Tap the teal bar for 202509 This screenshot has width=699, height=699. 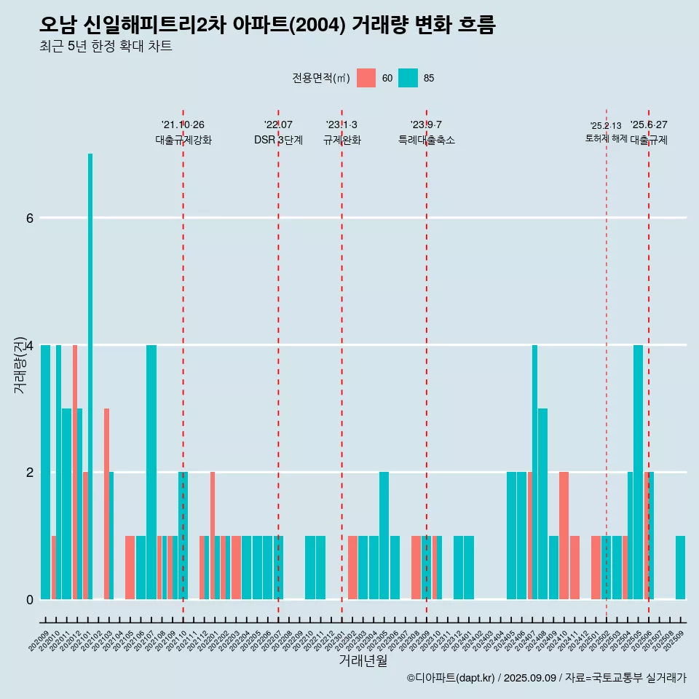click(x=680, y=568)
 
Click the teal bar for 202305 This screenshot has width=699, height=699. click(x=384, y=535)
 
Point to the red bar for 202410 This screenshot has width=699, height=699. click(x=564, y=535)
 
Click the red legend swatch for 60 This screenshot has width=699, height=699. click(x=366, y=78)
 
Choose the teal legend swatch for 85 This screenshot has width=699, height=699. click(x=408, y=78)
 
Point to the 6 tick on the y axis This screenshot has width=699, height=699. click(x=30, y=218)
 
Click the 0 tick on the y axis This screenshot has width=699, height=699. click(x=30, y=599)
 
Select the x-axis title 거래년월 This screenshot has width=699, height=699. click(x=363, y=660)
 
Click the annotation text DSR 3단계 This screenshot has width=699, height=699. click(x=278, y=140)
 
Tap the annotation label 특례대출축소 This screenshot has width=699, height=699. click(x=427, y=140)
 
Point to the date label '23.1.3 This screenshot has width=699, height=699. click(x=341, y=125)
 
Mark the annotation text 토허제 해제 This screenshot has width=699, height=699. click(x=606, y=138)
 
